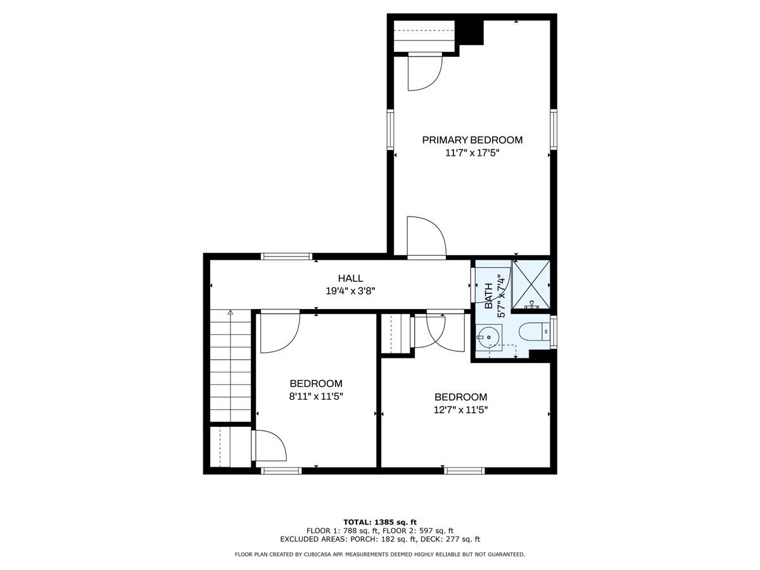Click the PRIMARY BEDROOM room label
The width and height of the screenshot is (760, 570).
472,140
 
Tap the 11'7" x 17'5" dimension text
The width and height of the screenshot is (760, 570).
472,153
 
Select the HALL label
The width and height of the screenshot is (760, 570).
350,278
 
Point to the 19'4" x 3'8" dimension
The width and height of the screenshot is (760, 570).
350,291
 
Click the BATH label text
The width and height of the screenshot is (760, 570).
488,296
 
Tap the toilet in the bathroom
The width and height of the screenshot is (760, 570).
533,331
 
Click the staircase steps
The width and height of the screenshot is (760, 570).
231,365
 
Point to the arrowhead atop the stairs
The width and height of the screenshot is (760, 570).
231,312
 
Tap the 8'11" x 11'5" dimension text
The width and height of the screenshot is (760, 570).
316,396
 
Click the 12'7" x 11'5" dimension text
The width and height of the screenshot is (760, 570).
460,410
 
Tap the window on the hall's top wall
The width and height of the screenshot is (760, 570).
286,256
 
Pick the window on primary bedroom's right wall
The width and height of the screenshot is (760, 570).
554,129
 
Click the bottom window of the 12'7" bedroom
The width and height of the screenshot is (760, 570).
464,471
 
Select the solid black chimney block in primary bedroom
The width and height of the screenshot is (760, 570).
471,32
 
